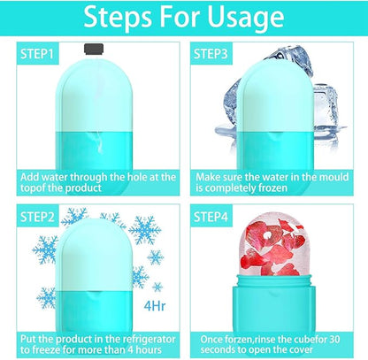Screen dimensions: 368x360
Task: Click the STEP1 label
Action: pyautogui.click(x=37, y=54)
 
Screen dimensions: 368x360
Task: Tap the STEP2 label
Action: pyautogui.click(x=37, y=217)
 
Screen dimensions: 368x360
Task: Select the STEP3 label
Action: pyautogui.click(x=211, y=54)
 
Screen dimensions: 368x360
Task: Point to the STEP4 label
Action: pyautogui.click(x=211, y=217)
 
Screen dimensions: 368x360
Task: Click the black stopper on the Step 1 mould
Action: pyautogui.click(x=94, y=50)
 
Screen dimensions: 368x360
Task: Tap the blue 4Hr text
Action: pyautogui.click(x=155, y=306)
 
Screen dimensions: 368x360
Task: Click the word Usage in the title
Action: pyautogui.click(x=245, y=17)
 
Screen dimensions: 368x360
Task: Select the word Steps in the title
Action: pyautogui.click(x=118, y=18)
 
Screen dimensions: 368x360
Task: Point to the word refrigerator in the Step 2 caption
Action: pyautogui.click(x=149, y=340)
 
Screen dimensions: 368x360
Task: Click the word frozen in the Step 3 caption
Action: pyautogui.click(x=272, y=188)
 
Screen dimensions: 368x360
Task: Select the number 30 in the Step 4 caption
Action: pyautogui.click(x=333, y=339)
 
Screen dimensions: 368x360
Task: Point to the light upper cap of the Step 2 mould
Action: pyautogui.click(x=93, y=255)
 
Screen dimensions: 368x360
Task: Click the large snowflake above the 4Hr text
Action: pyautogui.click(x=145, y=230)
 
